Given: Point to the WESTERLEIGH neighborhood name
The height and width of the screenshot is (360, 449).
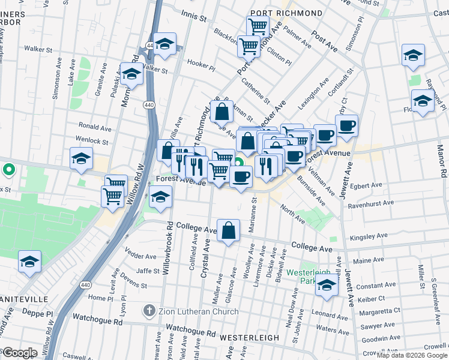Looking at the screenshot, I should (x=250, y=338).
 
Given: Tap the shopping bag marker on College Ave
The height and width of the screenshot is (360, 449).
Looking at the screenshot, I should (x=229, y=231).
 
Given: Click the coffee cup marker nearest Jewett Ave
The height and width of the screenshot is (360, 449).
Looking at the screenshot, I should (x=347, y=126).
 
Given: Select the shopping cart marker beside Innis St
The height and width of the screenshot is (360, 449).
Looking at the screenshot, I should (x=258, y=26).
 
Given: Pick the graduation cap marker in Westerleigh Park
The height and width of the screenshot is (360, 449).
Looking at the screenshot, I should (x=327, y=284).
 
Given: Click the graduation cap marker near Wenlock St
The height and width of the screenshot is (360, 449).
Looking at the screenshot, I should (x=81, y=159).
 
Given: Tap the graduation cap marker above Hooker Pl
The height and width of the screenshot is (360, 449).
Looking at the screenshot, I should (x=163, y=44).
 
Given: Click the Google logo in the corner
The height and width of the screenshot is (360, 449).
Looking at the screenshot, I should (x=20, y=352).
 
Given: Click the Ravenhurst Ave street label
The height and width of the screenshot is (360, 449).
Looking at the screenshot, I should (x=372, y=203).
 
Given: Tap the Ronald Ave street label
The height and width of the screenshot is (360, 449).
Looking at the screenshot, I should (x=95, y=127).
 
